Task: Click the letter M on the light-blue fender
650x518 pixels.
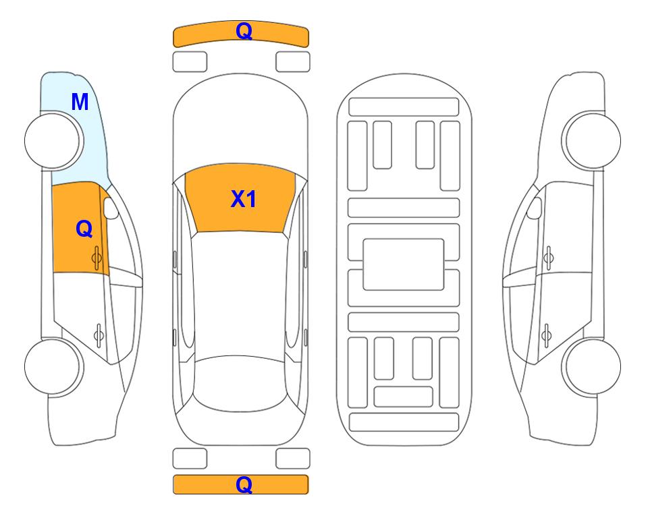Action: click(80, 102)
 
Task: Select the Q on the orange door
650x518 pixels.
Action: click(84, 229)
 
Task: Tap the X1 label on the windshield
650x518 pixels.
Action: click(244, 199)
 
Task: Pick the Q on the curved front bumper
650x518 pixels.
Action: click(244, 30)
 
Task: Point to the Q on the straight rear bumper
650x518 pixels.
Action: click(244, 484)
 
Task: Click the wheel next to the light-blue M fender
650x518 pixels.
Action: click(53, 141)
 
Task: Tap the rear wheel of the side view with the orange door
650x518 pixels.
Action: click(53, 367)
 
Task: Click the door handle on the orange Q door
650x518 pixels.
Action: click(97, 258)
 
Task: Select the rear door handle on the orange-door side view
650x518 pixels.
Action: click(99, 335)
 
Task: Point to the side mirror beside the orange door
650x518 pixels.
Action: click(110, 208)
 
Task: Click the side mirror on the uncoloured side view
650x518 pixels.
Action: click(535, 208)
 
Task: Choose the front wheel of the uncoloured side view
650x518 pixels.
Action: click(591, 141)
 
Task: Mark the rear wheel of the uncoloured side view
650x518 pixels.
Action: click(591, 367)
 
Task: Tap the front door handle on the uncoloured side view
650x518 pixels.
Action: click(549, 258)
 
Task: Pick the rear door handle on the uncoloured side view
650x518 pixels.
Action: click(547, 335)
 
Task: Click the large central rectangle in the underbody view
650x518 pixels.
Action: click(404, 264)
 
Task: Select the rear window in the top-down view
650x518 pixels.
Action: click(240, 383)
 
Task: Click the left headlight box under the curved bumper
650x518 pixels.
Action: click(190, 62)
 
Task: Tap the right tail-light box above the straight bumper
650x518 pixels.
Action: click(293, 459)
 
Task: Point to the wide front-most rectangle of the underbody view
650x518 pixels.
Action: click(404, 107)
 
